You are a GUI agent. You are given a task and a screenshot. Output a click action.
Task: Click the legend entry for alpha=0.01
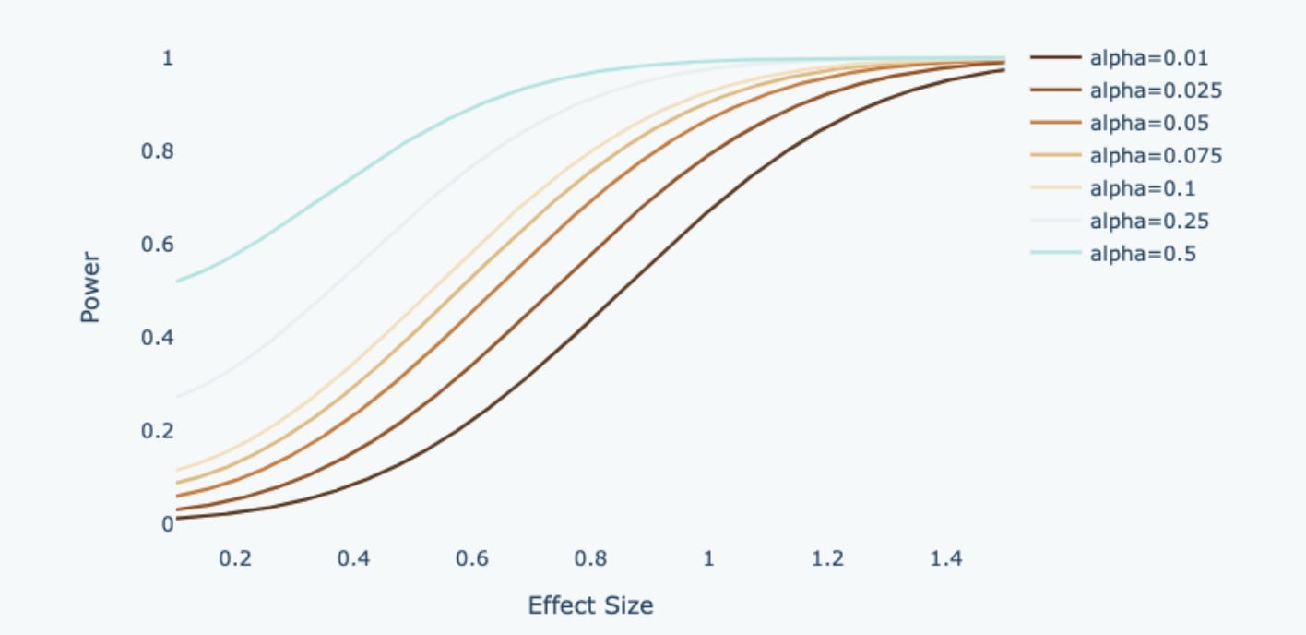point(1148,58)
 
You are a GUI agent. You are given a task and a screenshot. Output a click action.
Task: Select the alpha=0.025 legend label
point(1156,90)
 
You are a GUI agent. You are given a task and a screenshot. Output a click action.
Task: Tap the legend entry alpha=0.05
point(1149,123)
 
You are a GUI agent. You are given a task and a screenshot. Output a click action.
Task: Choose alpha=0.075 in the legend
point(1156,156)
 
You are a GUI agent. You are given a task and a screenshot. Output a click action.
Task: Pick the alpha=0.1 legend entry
point(1143,188)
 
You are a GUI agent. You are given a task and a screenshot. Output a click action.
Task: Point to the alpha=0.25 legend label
point(1149,222)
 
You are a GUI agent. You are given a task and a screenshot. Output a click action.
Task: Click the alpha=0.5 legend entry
point(1143,254)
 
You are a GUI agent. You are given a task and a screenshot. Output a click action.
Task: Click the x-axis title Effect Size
point(590,605)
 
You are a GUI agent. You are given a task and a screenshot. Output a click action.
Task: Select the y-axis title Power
point(89,287)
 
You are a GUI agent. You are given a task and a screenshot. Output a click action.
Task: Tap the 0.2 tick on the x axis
point(235,558)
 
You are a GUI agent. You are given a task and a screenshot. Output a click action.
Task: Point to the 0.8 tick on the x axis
point(590,558)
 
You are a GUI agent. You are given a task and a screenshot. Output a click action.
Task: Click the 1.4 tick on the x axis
point(945,558)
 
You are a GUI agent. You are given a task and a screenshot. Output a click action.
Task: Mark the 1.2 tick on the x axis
point(827,558)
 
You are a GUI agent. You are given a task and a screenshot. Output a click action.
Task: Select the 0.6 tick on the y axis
point(158,244)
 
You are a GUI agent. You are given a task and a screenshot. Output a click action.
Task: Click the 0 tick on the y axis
point(167,523)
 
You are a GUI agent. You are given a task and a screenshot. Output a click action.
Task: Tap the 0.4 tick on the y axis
point(158,338)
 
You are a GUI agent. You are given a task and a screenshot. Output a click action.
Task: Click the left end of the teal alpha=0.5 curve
point(177,282)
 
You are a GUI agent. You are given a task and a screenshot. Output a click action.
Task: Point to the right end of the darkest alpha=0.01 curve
point(1004,70)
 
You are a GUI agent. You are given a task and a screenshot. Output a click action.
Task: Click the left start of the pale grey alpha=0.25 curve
point(177,398)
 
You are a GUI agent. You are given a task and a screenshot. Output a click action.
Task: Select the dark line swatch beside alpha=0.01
point(1056,57)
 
